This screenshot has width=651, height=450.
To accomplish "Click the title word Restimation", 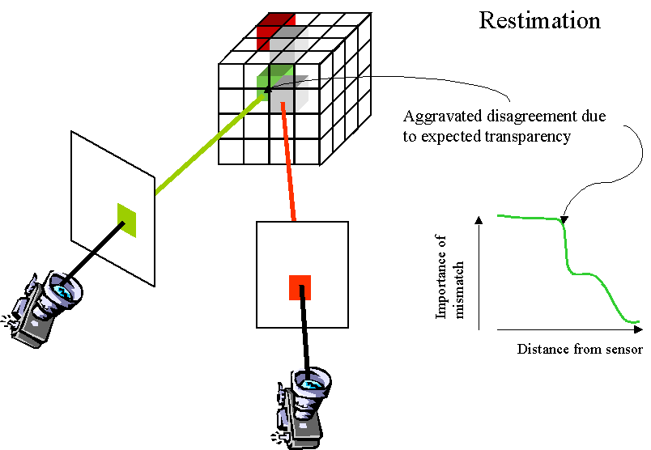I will pos(539,20).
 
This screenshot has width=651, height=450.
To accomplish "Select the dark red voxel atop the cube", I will pos(274,30).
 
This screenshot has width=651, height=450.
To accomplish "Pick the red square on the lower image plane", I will pos(300,287).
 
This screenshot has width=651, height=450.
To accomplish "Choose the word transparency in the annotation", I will pos(533,137).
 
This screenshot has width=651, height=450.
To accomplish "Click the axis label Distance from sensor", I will pos(579,350).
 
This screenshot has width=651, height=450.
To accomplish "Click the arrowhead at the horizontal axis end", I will pos(638,330).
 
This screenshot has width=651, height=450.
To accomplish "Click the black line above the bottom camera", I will pos(306,336).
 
